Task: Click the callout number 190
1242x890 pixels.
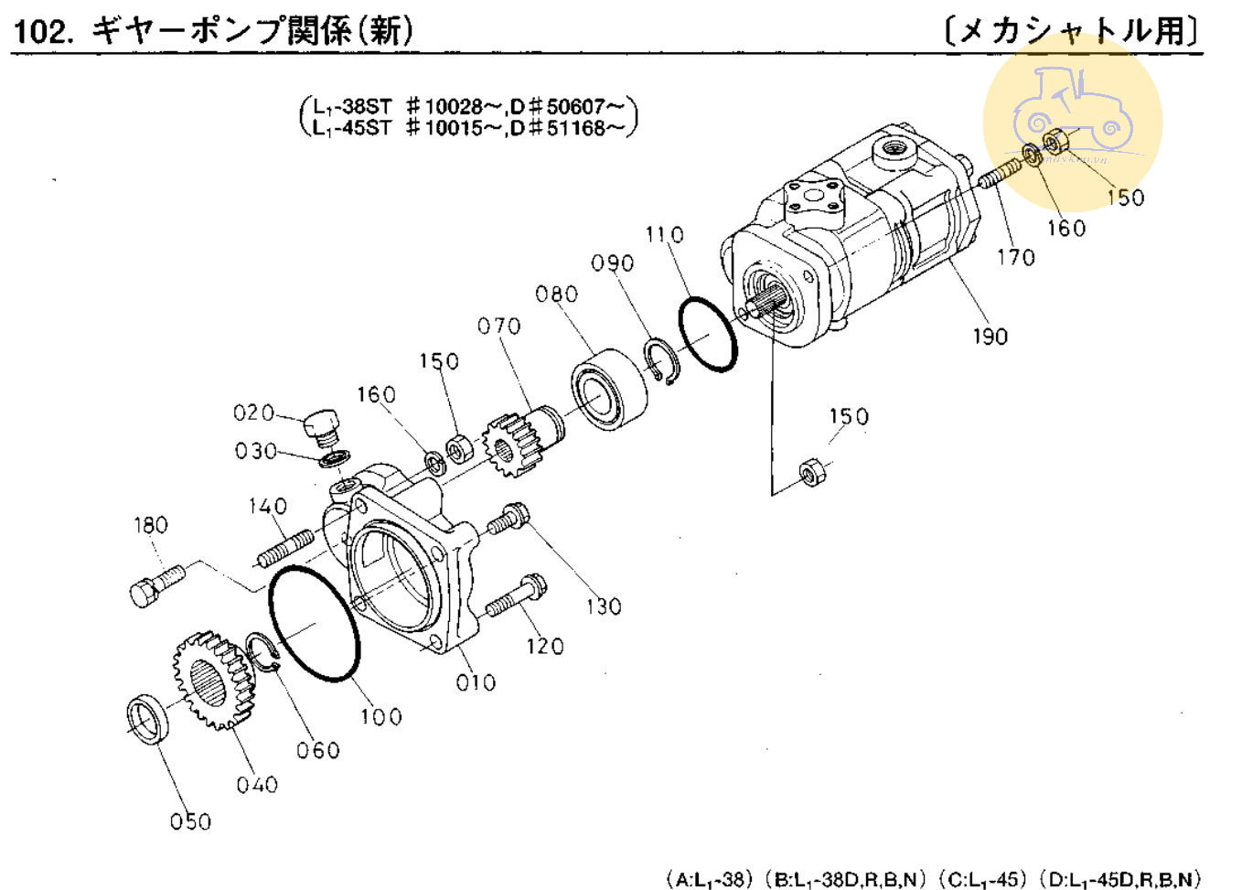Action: [x=990, y=337]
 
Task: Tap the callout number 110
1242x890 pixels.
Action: [x=664, y=235]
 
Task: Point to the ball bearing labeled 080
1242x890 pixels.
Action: [x=608, y=389]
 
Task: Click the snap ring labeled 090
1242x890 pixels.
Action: [x=661, y=360]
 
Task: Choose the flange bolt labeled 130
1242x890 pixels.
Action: [x=506, y=520]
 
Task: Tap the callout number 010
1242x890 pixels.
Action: [x=476, y=682]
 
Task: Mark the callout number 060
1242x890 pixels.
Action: [x=317, y=751]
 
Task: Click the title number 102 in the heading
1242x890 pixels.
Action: [x=42, y=32]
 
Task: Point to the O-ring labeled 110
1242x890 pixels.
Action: [x=708, y=334]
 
